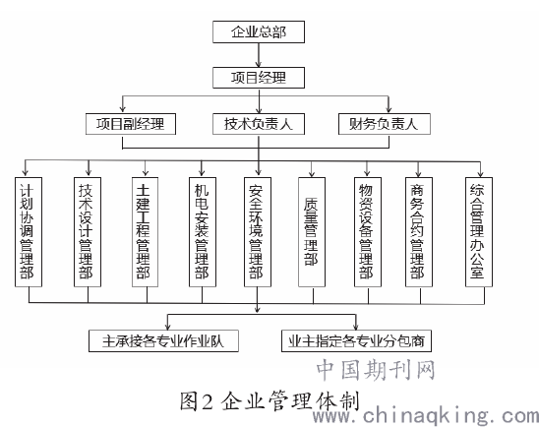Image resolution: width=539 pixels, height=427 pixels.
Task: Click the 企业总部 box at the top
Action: [259, 31]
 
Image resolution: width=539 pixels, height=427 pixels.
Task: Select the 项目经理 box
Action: [259, 78]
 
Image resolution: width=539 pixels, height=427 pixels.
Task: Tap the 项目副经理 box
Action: [131, 124]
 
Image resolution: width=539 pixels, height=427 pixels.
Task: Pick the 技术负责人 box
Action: [259, 124]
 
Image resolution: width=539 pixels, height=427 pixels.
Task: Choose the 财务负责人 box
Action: [385, 124]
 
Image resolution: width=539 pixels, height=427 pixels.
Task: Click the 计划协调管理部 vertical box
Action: [29, 232]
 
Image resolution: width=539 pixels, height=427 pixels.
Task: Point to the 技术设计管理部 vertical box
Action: [88, 232]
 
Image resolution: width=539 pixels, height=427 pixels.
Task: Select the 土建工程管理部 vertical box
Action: [145, 232]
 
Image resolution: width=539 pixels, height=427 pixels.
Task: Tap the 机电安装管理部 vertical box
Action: [203, 232]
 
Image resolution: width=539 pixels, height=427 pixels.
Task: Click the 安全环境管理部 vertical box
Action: [258, 232]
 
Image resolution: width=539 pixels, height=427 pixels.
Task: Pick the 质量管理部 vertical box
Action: [312, 232]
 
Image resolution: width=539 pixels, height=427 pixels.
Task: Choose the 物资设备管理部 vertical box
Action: [368, 232]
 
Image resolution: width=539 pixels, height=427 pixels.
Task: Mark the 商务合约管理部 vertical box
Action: [419, 232]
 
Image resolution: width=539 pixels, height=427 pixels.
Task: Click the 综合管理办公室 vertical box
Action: [479, 232]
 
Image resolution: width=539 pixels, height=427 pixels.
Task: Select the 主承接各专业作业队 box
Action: [163, 341]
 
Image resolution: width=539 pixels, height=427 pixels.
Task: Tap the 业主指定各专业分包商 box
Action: [356, 341]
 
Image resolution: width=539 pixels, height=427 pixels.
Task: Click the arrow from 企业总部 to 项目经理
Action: [259, 55]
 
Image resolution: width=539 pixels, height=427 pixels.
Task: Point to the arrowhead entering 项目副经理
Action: [123, 109]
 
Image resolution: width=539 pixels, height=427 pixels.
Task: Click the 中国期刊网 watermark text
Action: [376, 370]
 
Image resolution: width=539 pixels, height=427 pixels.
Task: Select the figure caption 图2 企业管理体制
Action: [269, 400]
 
